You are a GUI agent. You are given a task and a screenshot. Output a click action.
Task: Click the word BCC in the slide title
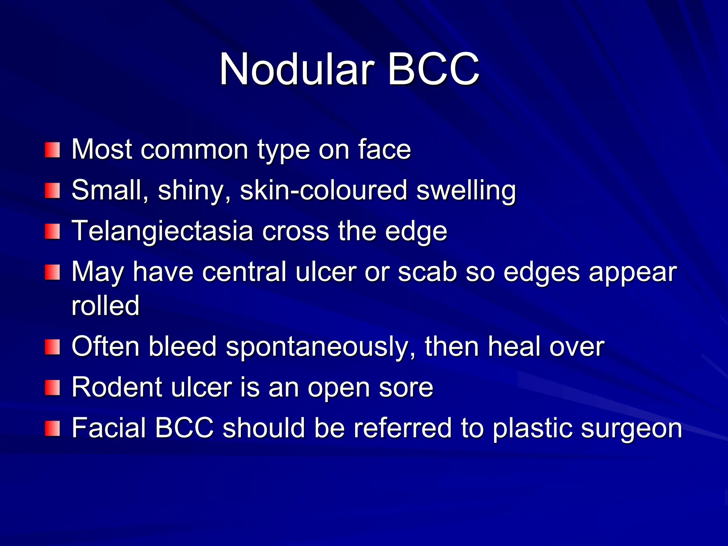point(433,69)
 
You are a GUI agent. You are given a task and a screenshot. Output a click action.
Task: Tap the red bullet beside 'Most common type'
point(52,150)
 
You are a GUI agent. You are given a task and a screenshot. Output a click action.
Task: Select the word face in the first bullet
point(384,149)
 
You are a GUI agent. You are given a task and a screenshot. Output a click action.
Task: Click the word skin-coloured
point(323,190)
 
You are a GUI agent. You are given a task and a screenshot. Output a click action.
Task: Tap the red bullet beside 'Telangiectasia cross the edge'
point(52,232)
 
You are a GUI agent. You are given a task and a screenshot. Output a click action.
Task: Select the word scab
point(427,272)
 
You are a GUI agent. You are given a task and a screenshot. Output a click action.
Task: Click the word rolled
point(106,305)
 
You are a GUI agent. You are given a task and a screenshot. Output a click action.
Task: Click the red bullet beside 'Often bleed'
point(52,347)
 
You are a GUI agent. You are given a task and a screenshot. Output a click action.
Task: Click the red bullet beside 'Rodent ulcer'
point(52,388)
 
